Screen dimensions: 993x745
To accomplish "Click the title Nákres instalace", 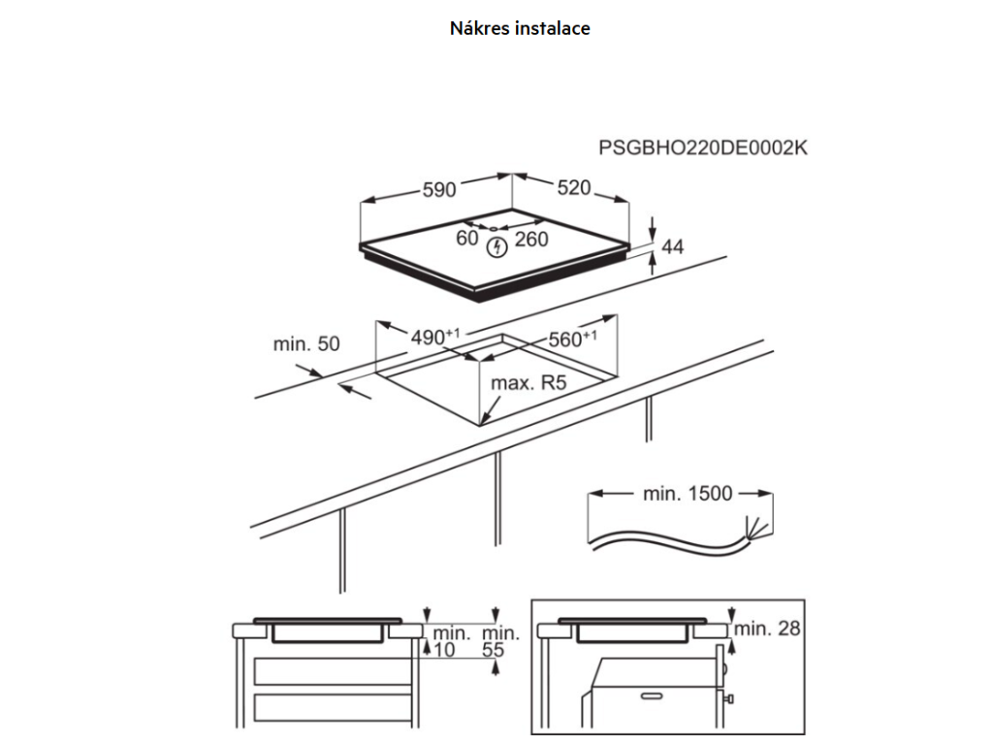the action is pos(520,28).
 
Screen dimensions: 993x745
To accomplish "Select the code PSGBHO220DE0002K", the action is pos(703,147).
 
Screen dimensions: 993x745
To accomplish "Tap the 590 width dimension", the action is pos(439,189).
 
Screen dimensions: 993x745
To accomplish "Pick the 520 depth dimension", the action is pos(574,187).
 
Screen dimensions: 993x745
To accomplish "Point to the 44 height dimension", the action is pos(673,246).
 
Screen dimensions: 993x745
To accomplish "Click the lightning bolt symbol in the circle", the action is pos(497,247).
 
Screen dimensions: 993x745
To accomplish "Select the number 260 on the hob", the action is pos(531,239).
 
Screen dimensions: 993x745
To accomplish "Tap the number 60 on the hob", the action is pos(467,238).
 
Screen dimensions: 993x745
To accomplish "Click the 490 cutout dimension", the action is pos(435,337).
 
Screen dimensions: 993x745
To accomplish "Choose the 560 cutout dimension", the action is pos(572,339).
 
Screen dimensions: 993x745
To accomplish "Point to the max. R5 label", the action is pos(529,382).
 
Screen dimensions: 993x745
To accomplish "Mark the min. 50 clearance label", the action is pos(306,343).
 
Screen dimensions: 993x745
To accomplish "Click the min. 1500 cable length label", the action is pos(688,493).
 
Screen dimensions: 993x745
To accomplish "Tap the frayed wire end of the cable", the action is pos(757,529).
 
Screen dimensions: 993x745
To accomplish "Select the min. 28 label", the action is pos(768,628).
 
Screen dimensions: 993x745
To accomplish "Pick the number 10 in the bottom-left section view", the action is pos(444,649).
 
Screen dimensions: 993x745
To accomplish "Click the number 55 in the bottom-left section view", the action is pos(494,649).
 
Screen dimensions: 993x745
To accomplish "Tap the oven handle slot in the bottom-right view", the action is pos(651,696).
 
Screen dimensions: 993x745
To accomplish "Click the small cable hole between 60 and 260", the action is pos(494,227).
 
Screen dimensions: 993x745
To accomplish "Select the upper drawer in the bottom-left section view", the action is pos(334,671).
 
